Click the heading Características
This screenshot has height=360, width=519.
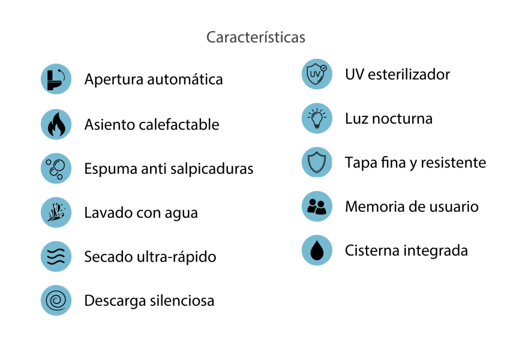256,37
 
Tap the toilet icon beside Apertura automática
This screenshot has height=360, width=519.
56,79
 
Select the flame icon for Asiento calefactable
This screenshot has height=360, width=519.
56,124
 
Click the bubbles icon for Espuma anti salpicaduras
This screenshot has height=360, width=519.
56,169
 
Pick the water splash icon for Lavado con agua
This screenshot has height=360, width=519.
56,212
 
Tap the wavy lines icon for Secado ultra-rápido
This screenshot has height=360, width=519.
56,256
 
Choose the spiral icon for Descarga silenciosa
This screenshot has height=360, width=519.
56,301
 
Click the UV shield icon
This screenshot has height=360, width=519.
317,74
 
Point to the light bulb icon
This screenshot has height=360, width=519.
317,118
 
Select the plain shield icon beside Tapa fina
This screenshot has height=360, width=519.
317,162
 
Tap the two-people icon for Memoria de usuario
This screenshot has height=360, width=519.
317,206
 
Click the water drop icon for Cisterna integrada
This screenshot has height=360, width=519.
317,250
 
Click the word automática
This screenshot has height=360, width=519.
185,79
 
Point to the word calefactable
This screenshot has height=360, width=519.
179,125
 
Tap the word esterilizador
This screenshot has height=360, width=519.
409,74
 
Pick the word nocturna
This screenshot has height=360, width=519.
402,119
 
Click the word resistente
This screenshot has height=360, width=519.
453,163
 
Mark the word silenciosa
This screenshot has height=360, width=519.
182,301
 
